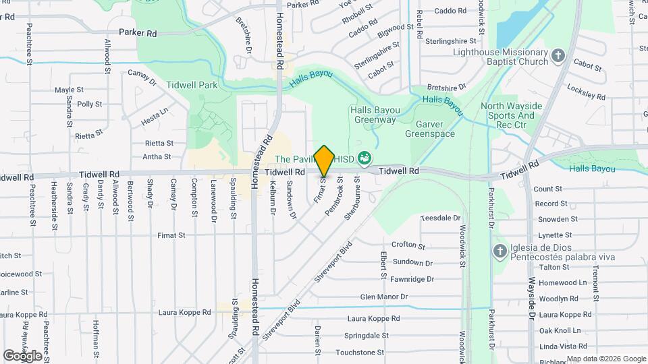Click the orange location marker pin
[325, 160]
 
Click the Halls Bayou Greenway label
[373, 115]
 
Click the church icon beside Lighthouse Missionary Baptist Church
[558, 55]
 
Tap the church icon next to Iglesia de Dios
[500, 251]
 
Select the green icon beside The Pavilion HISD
[365, 158]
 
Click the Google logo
[22, 355]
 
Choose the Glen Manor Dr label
[384, 297]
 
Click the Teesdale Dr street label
[440, 218]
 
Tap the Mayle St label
[69, 90]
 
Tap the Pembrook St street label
[334, 196]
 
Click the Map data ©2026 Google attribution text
[605, 359]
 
